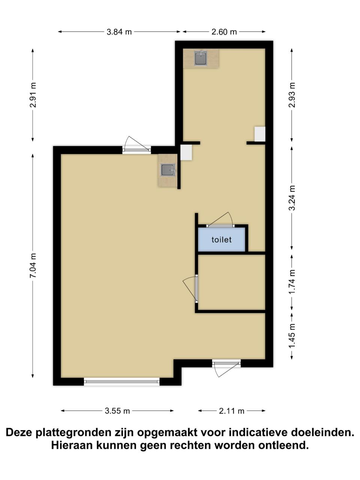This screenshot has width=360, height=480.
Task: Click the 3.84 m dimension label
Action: (119, 32)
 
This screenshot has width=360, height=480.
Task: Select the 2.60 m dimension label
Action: (224, 32)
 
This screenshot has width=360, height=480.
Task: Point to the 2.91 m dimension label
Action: (33, 95)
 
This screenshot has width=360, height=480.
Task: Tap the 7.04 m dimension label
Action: (33, 265)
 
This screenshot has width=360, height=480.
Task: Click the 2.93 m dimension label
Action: (292, 95)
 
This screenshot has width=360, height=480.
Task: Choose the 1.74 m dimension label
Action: (292, 282)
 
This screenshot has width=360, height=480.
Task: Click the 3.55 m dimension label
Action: (117, 411)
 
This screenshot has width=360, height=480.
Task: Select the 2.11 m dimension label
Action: (231, 411)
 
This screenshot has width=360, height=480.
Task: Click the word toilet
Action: (221, 240)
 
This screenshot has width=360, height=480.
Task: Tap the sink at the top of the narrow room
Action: (201, 58)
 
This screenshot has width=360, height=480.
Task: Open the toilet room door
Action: (220, 220)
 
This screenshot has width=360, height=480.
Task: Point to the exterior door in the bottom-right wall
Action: (226, 369)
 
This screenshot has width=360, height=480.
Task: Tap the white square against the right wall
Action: (260, 134)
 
